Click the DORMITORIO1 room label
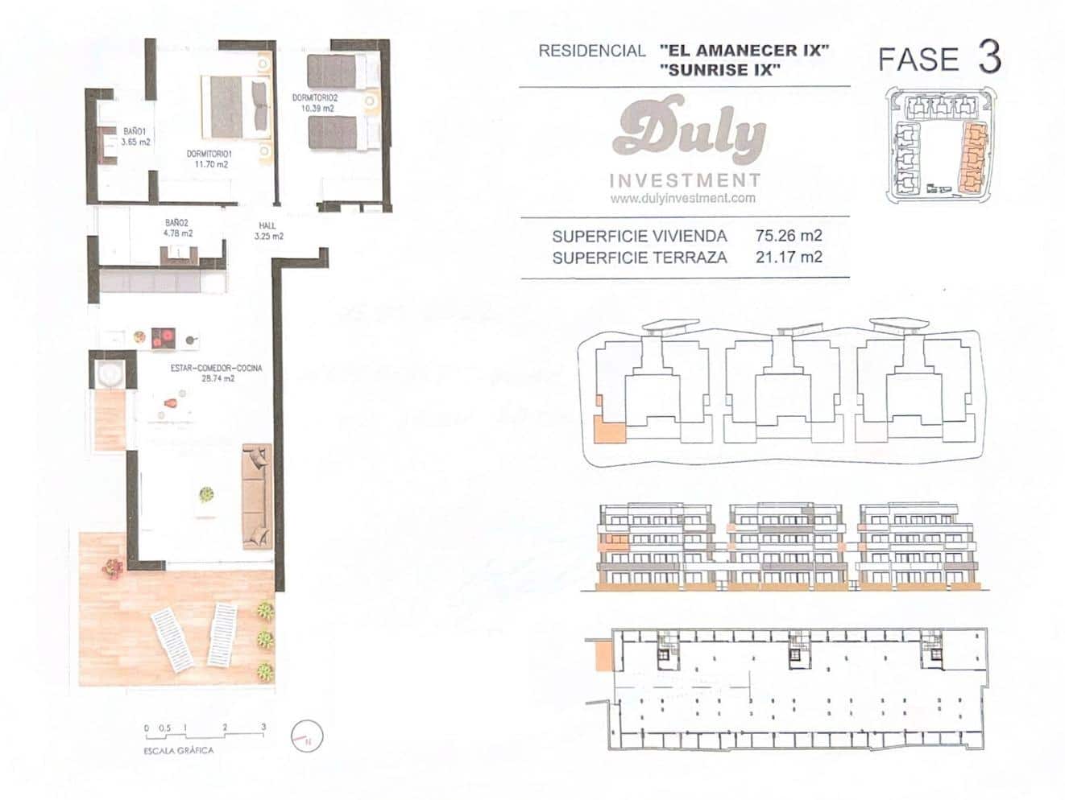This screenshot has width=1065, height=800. (x=210, y=154)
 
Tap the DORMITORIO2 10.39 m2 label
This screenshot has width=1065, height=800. (x=314, y=102)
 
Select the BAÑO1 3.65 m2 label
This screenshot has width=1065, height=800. (x=135, y=136)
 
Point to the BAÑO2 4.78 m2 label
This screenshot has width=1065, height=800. (x=178, y=228)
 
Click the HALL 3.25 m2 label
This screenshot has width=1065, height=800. (x=267, y=231)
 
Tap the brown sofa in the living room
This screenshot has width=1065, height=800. (x=256, y=495)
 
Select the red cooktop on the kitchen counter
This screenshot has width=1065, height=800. (x=164, y=338)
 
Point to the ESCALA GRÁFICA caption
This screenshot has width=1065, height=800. (x=178, y=750)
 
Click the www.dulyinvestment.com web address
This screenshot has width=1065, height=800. (x=682, y=198)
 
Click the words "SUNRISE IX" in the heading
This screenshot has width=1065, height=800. (x=719, y=70)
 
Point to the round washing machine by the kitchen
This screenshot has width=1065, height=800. (x=107, y=373)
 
